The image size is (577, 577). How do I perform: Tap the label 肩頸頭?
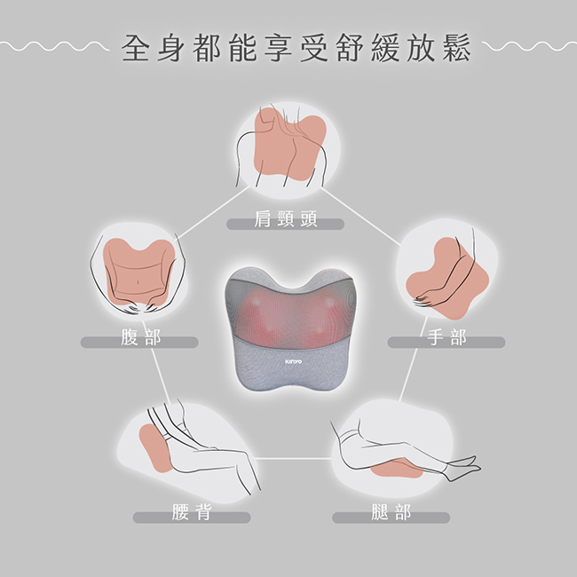pos(285,223)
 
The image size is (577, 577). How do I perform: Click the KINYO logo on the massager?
pos(294,362)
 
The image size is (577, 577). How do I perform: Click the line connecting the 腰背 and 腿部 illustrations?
pos(292,458)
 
